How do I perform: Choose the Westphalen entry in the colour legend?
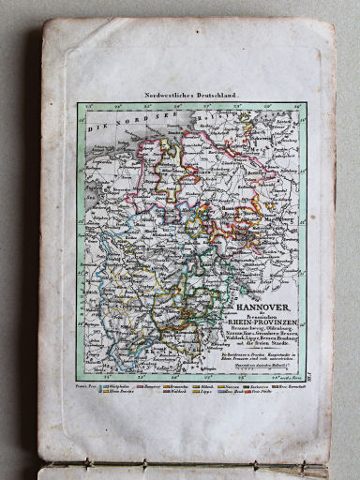[x=123, y=385]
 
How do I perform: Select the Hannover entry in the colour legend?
[x=151, y=385]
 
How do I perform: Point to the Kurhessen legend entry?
[x=262, y=385]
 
